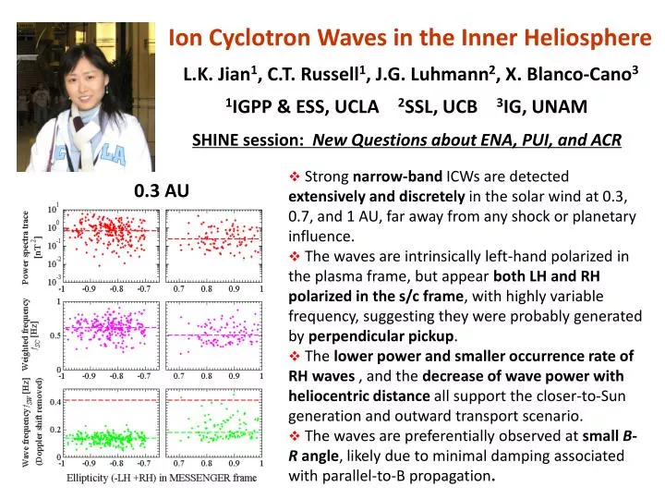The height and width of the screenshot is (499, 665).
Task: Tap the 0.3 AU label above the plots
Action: [162, 191]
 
